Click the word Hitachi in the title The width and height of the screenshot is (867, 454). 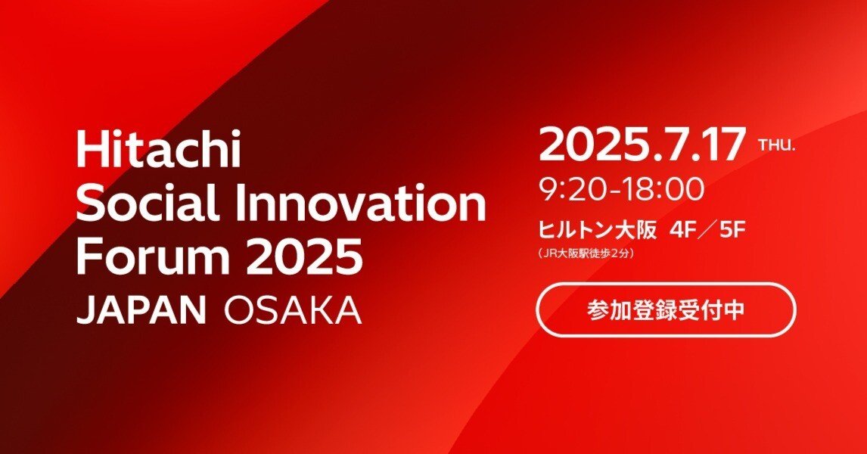(x=158, y=151)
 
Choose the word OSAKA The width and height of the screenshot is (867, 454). (x=293, y=309)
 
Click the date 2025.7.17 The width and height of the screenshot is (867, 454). (x=642, y=145)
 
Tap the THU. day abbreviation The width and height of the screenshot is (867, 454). (x=776, y=146)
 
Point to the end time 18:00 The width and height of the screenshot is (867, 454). (x=666, y=190)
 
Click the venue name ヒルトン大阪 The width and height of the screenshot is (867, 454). (x=596, y=230)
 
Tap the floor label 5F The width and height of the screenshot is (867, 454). (x=732, y=230)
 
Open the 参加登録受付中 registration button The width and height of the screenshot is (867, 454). (x=666, y=309)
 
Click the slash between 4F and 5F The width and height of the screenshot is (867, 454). (x=707, y=230)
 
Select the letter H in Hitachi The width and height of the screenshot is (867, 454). (x=89, y=151)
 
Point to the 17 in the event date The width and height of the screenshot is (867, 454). (x=722, y=145)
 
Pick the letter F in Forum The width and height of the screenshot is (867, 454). (x=88, y=257)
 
